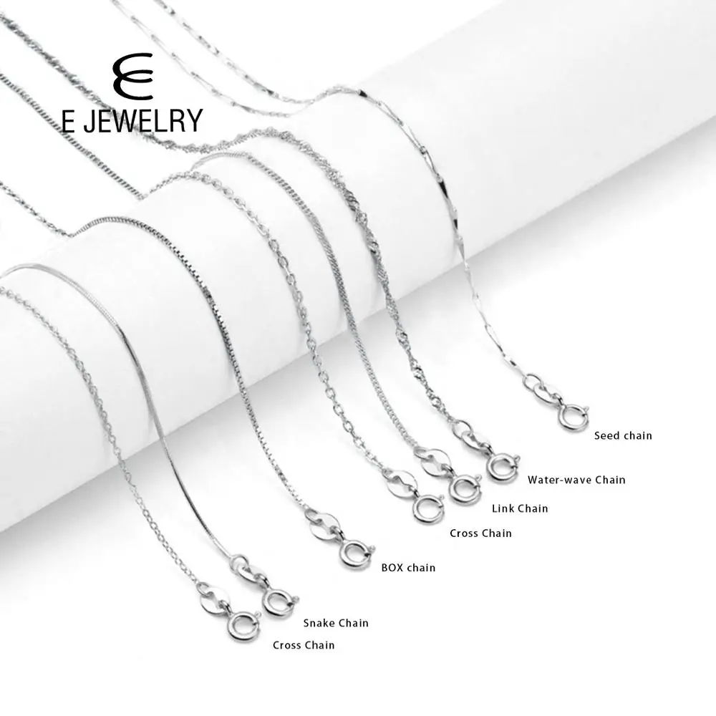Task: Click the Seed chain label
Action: pyautogui.click(x=623, y=435)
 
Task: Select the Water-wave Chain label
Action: pyautogui.click(x=576, y=480)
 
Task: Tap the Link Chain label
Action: pyautogui.click(x=519, y=508)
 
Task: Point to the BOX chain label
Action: pyautogui.click(x=406, y=568)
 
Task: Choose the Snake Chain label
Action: pyautogui.click(x=336, y=623)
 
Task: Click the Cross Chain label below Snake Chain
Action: pyautogui.click(x=304, y=645)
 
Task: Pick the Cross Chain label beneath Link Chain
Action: pyautogui.click(x=480, y=533)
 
